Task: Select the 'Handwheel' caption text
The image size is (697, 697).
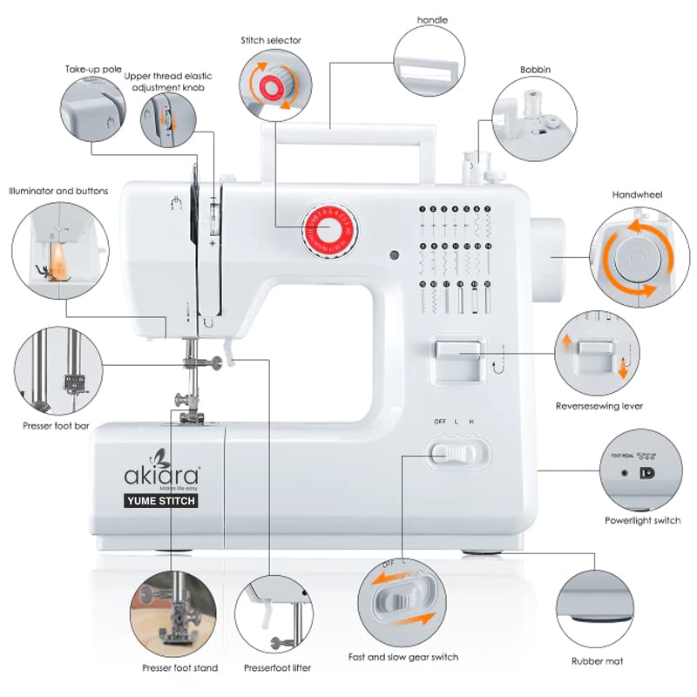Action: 639,195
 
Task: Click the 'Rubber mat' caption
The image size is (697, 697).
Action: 597,661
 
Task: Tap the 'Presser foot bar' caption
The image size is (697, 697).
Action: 55,427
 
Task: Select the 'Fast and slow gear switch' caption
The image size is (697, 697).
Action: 403,657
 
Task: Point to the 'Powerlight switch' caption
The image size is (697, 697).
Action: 643,521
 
